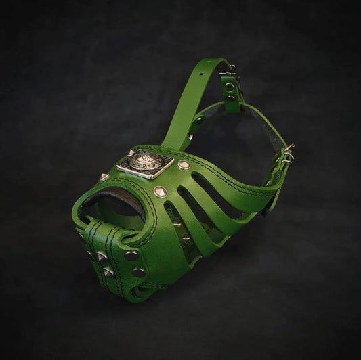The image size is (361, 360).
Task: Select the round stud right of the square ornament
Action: pos(183,164)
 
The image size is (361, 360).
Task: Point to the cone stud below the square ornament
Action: pos(160,192)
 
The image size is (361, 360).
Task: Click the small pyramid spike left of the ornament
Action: pos(104,177)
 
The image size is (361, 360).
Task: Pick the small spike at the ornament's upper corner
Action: pos(131,152)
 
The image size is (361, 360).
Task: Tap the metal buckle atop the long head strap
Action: pos(228,68)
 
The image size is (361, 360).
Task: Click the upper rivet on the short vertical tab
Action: pos(230,87)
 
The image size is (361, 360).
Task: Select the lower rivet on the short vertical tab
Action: pos(230,99)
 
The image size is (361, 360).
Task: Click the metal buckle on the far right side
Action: pos(288,154)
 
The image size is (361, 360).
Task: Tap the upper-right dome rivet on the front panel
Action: pos(131,256)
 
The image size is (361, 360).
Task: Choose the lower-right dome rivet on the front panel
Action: pos(138,272)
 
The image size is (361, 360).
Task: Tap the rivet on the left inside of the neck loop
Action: pos(197,120)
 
